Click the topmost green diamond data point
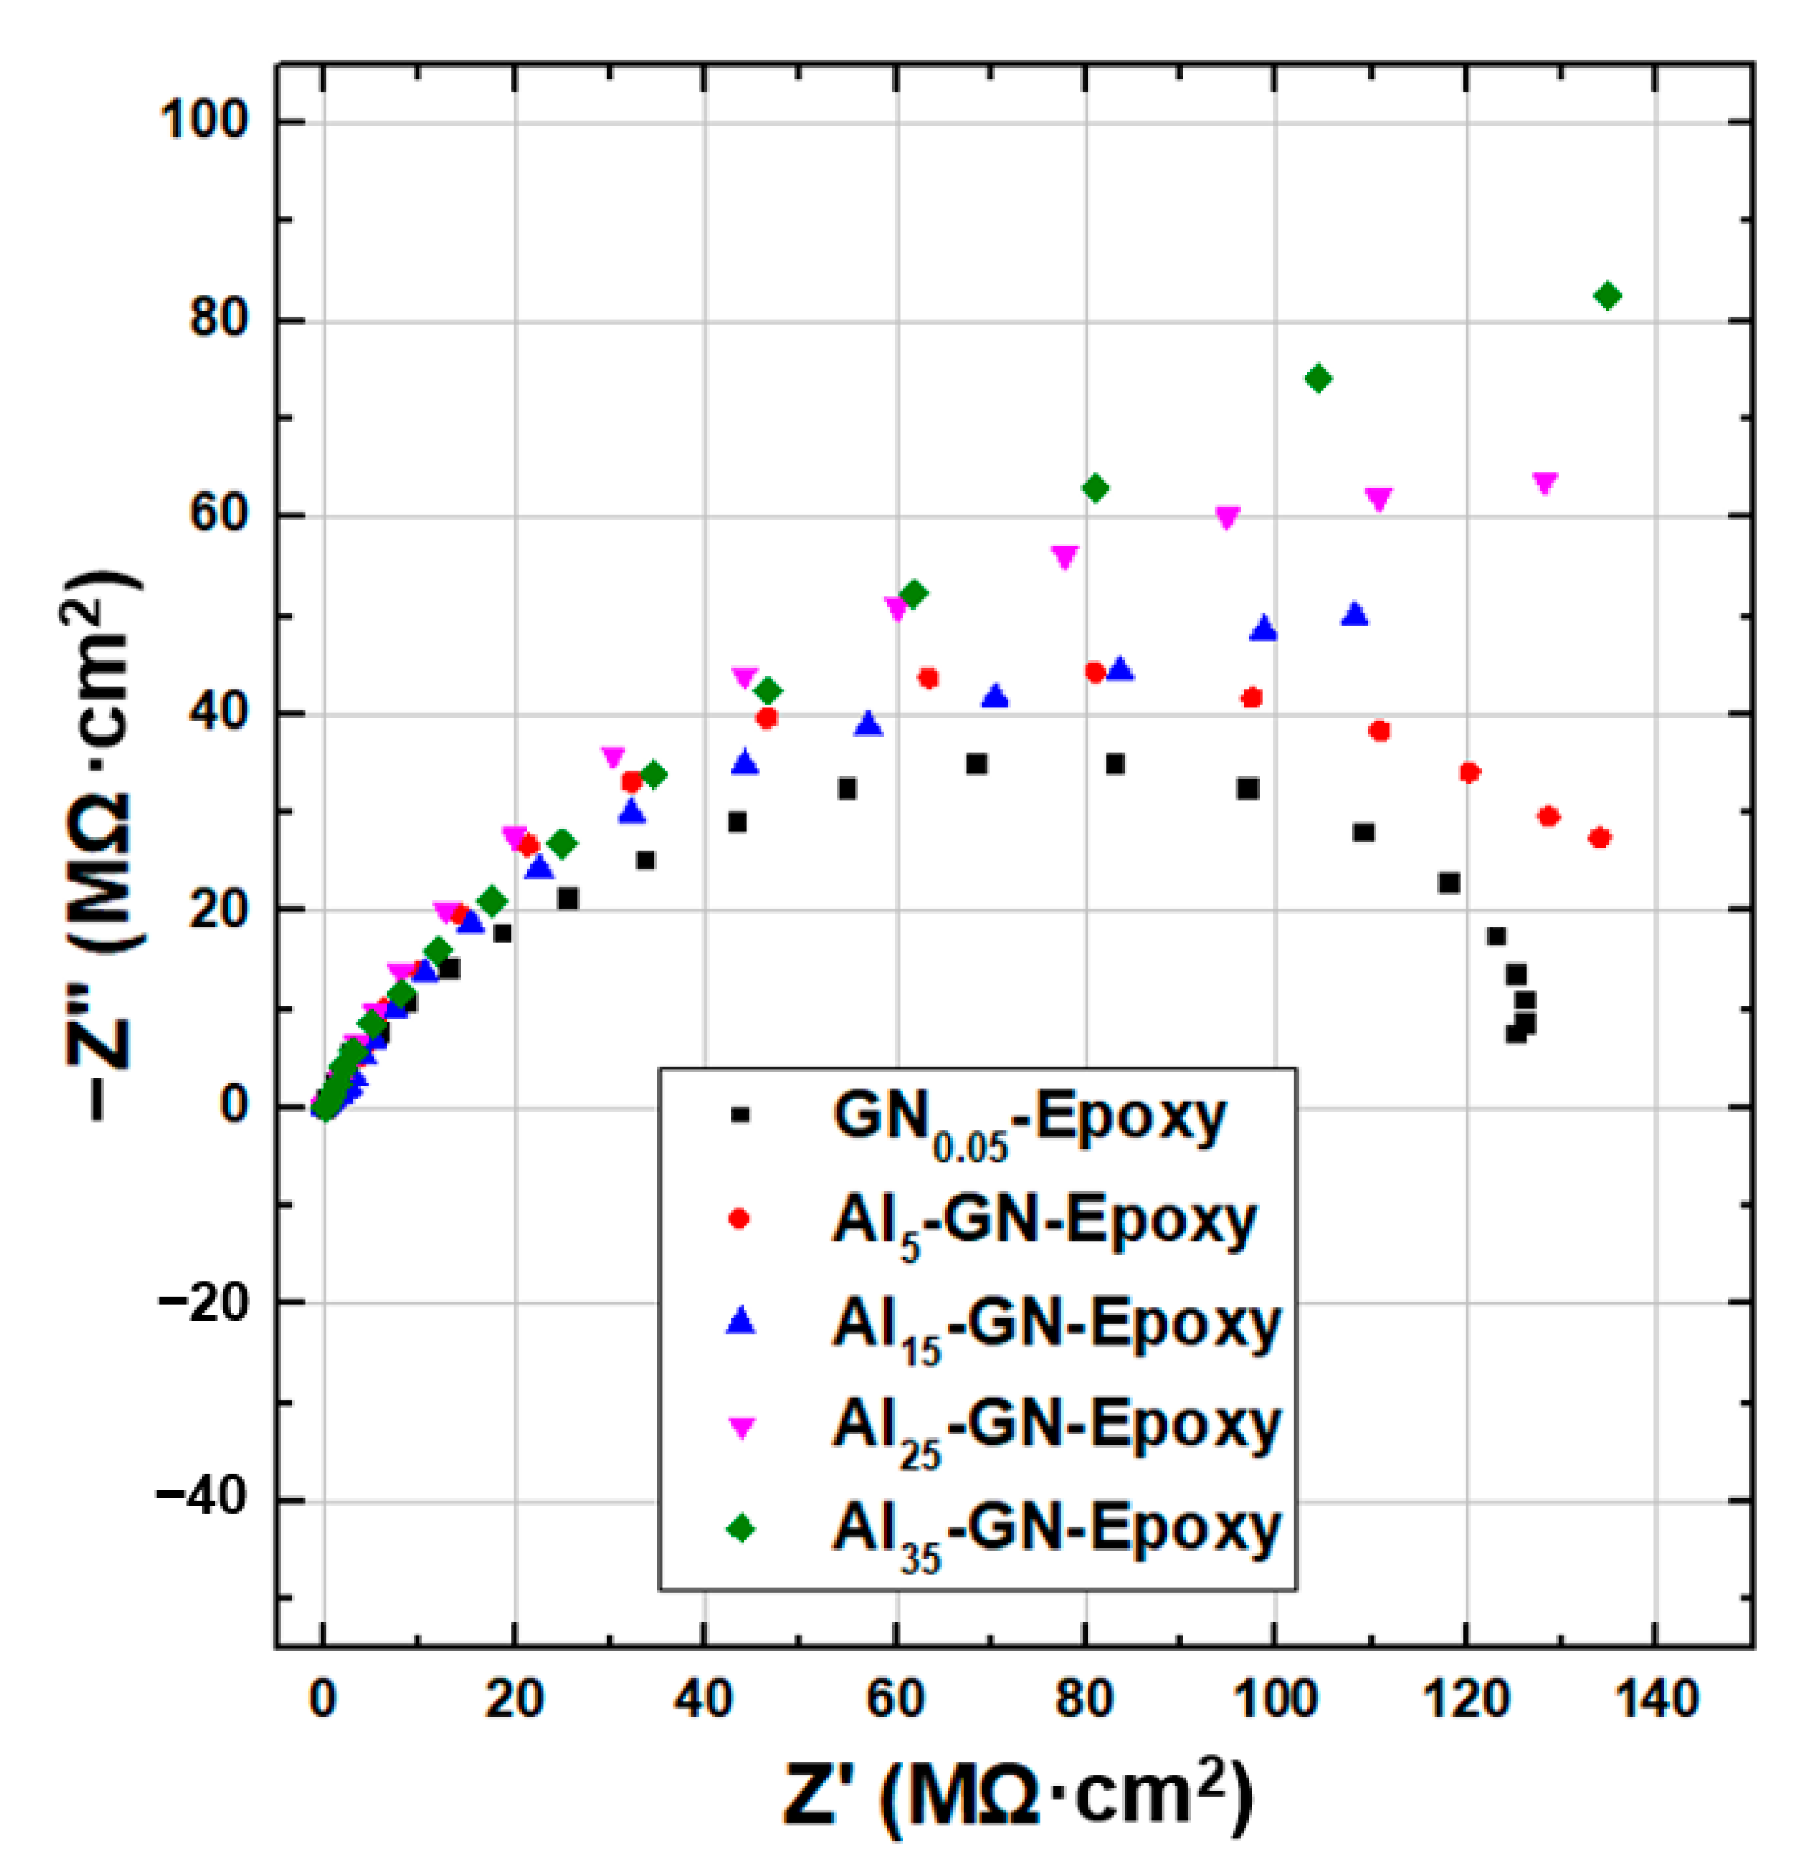[1607, 297]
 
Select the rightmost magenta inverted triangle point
[1544, 483]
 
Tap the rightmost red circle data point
[1601, 837]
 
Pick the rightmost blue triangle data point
[1354, 616]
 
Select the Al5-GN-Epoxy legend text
[1044, 1223]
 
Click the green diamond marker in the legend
[740, 1529]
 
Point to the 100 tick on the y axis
[206, 122]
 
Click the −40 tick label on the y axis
[201, 1500]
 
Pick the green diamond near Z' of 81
[1095, 488]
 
